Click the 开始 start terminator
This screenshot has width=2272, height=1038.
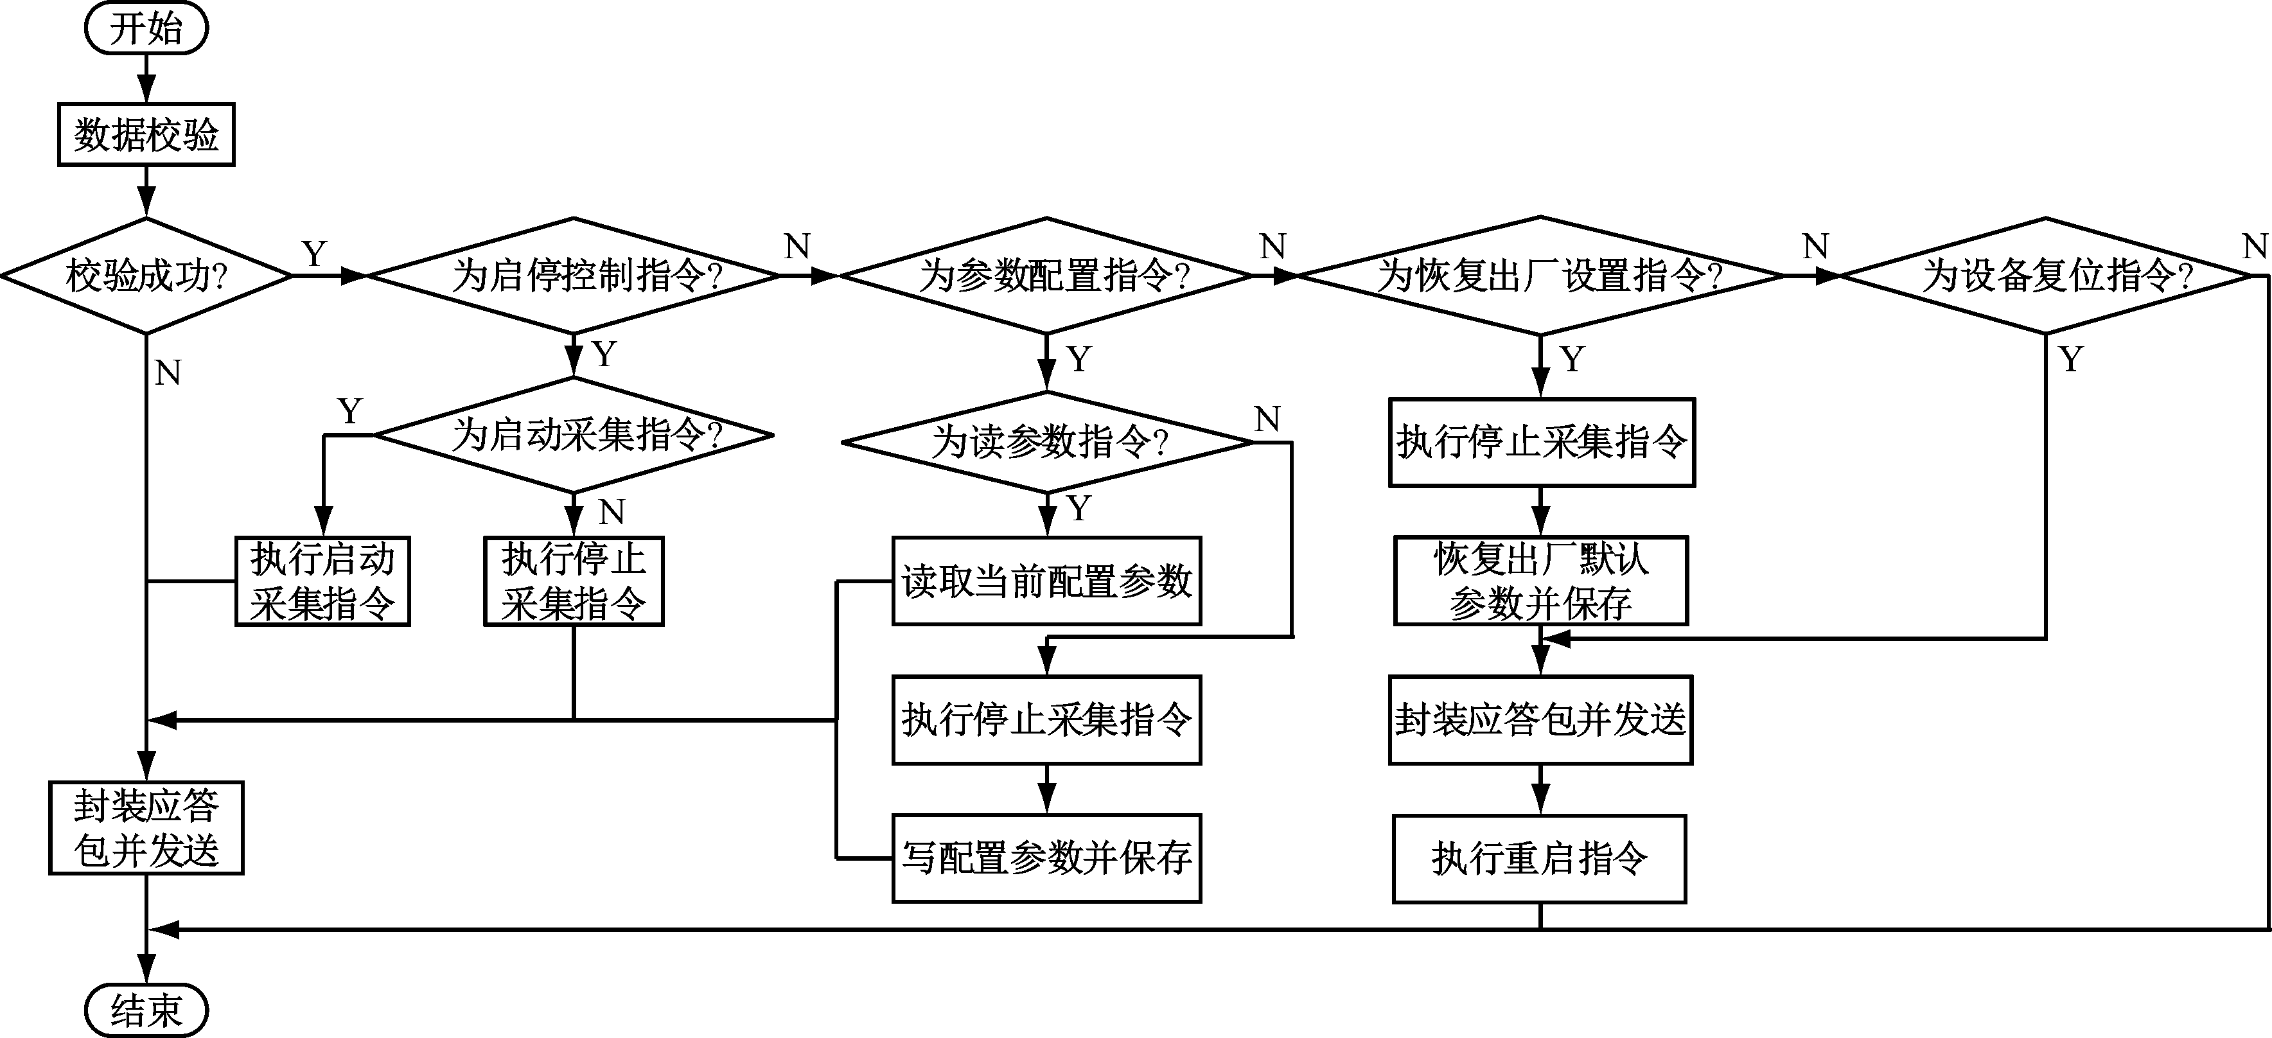coord(146,28)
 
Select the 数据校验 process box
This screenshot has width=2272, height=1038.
coord(146,134)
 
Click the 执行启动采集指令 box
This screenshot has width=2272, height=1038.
coord(323,581)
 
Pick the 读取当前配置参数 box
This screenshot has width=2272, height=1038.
coord(1047,581)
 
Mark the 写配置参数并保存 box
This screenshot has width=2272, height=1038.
coord(1047,858)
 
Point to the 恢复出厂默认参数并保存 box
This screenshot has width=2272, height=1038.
coord(1540,581)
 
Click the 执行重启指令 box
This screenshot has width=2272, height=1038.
coord(1540,858)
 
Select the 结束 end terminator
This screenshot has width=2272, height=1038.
coord(146,1010)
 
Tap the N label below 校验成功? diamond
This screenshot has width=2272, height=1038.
coord(168,374)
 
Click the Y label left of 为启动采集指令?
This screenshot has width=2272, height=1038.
coord(350,411)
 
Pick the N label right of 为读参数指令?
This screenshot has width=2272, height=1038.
coord(1267,419)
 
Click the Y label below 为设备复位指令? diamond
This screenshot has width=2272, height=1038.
coord(2071,359)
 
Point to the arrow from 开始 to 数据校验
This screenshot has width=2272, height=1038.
coord(146,78)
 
